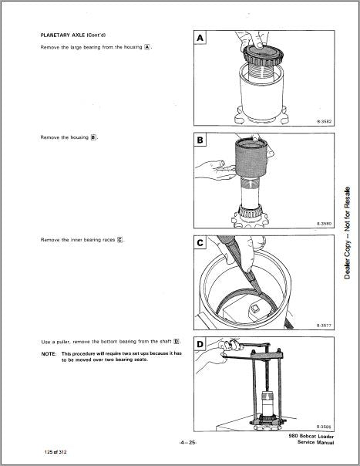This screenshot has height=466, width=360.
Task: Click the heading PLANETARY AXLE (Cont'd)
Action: pos(73,35)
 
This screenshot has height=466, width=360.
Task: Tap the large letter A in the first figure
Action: pos(200,38)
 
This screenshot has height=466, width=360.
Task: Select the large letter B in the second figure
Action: pos(200,140)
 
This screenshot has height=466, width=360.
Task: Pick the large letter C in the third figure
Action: pos(200,243)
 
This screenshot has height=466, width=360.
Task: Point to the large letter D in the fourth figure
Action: pos(200,345)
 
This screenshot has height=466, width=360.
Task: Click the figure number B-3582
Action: pos(324,122)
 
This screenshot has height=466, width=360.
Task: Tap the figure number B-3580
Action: pos(324,224)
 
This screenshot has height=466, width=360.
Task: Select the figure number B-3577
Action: pos(324,326)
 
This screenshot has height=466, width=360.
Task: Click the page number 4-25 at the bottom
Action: pos(188,443)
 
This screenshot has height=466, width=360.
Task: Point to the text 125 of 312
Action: pos(56,452)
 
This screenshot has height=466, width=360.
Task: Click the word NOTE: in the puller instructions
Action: pos(49,354)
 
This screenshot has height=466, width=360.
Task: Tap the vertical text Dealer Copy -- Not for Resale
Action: pos(347,233)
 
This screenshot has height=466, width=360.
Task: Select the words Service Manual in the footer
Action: pos(316,443)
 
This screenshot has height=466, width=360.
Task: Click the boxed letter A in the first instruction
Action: pos(146,47)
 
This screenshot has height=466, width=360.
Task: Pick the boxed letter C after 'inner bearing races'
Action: pos(119,239)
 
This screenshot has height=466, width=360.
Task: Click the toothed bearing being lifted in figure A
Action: pos(263,56)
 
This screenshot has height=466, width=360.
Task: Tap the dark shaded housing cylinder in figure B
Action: pos(251,158)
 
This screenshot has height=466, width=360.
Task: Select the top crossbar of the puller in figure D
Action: pos(267,355)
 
